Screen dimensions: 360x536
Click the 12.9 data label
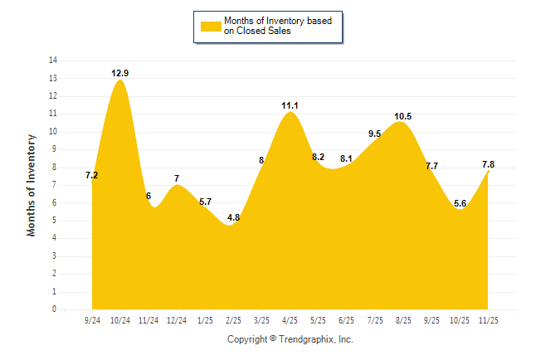pos(120,74)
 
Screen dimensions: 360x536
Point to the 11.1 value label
pos(290,105)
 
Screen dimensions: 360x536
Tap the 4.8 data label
pos(233,218)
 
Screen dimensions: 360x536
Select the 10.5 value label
pos(402,116)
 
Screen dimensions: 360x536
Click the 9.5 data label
pos(374,134)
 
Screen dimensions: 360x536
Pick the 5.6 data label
pos(460,204)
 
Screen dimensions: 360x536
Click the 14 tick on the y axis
pos(53,61)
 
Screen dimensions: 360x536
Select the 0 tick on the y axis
pos(55,309)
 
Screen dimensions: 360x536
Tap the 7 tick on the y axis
pos(55,185)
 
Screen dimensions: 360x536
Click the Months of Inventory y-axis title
pos(32,185)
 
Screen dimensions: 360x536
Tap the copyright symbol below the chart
pos(272,339)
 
